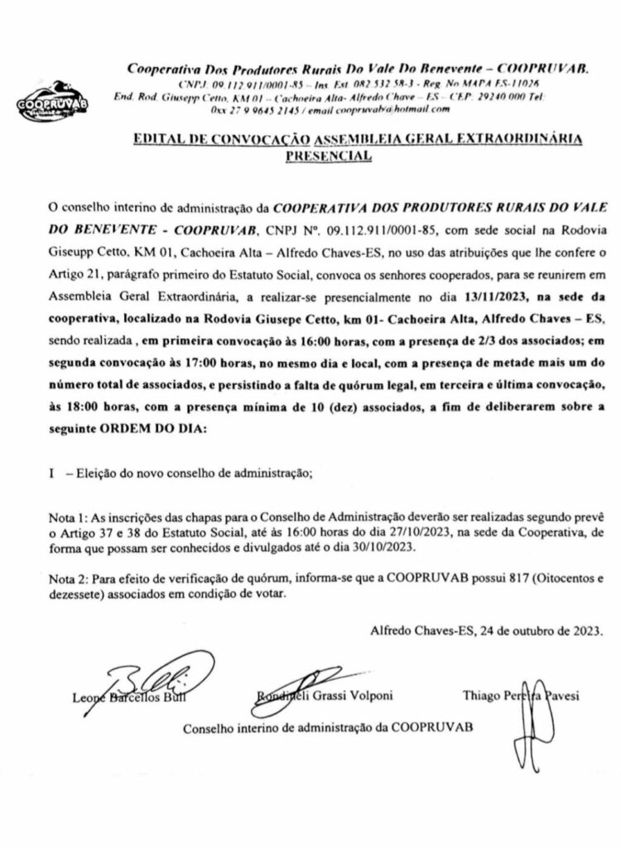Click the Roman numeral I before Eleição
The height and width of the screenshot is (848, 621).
coord(53,474)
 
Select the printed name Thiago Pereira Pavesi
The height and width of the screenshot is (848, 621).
coord(521,696)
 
